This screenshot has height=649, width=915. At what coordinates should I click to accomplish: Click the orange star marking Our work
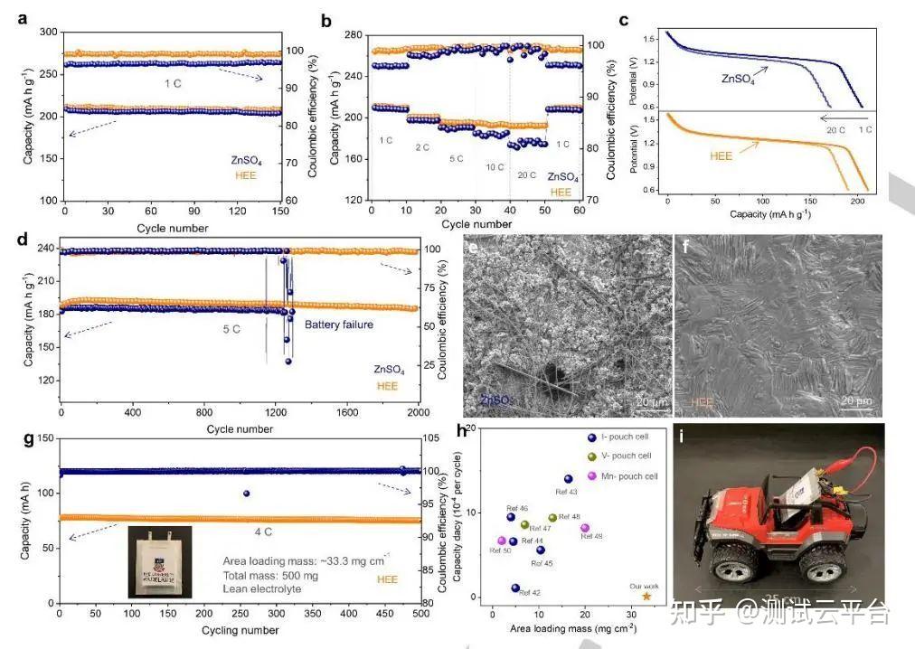click(646, 597)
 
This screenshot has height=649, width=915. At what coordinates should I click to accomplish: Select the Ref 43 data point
click(568, 479)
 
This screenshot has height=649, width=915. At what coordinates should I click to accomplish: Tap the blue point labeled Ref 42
click(515, 588)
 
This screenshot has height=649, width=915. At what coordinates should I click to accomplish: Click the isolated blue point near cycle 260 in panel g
click(247, 494)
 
